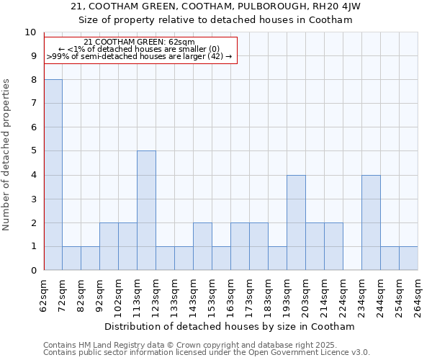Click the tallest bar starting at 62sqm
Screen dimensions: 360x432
pos(53,175)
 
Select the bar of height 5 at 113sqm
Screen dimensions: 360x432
pos(147,210)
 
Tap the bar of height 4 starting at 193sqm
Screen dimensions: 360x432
pos(296,222)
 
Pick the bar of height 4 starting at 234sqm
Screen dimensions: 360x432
pos(371,222)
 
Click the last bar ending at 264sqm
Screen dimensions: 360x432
pos(408,258)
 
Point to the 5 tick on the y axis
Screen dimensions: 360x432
pos(32,151)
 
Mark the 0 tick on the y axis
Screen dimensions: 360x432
pos(32,271)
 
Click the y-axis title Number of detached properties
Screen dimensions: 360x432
pos(7,155)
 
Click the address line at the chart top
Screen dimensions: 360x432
pos(216,6)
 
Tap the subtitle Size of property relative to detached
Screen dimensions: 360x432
pos(216,20)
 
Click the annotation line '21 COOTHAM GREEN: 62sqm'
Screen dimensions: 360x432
pos(139,42)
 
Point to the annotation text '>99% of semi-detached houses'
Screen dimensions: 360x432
pos(139,55)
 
